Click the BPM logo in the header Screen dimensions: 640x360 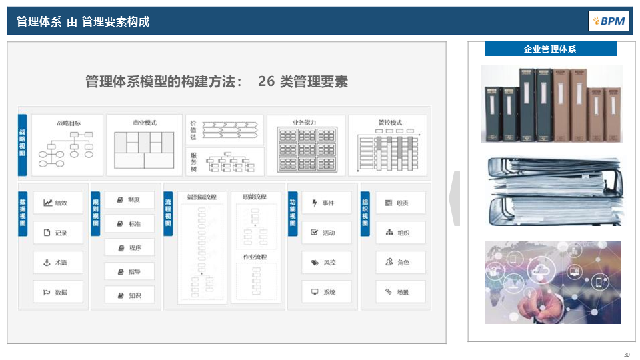[x=608, y=21]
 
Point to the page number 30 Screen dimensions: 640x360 [x=627, y=354]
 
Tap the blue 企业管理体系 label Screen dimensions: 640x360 [x=551, y=49]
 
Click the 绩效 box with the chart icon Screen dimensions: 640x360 [x=59, y=203]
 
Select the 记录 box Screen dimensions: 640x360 [x=59, y=233]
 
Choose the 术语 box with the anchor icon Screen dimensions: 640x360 [x=59, y=263]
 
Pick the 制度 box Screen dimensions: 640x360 [x=129, y=199]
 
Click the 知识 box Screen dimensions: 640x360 [x=129, y=295]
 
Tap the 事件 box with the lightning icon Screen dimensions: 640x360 [x=326, y=203]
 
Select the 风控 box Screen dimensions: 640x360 [x=326, y=263]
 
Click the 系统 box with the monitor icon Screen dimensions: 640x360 [x=326, y=292]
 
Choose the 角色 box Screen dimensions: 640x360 [x=400, y=263]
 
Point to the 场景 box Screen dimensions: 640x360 [x=400, y=292]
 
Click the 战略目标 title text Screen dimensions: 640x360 [x=69, y=123]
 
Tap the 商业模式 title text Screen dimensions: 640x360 [x=144, y=123]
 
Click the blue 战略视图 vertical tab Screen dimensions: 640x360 [x=23, y=144]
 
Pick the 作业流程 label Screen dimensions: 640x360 [x=255, y=257]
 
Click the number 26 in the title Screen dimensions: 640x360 [x=266, y=81]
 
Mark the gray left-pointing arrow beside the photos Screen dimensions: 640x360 [x=455, y=198]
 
